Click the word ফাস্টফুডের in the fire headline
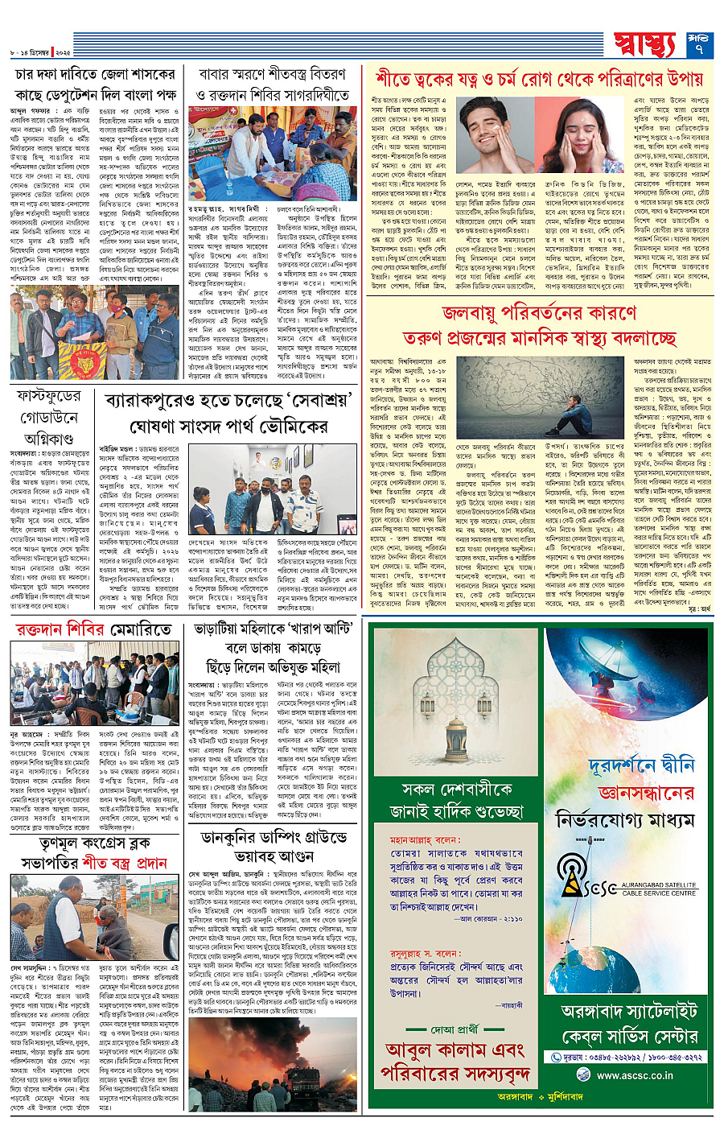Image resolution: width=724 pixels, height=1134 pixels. [x=49, y=397]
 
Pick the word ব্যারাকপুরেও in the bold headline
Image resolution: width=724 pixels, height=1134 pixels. [x=157, y=401]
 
